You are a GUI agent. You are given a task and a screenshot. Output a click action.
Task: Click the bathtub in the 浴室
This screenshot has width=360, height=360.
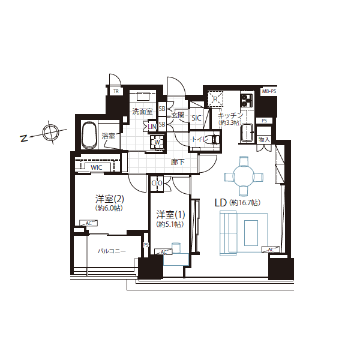[x=89, y=135]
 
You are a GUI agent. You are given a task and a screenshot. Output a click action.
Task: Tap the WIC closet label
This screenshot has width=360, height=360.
[x=97, y=167]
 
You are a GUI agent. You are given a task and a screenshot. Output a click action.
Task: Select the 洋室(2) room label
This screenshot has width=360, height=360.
[x=110, y=199]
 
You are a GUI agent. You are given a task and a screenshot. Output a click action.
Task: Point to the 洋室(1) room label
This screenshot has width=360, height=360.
[x=170, y=214]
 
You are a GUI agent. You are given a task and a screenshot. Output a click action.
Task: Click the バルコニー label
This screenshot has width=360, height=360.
[x=112, y=251]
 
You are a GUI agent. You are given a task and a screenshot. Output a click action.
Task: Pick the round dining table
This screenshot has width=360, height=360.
[x=244, y=176]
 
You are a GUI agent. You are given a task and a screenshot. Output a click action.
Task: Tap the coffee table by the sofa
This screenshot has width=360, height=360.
[x=251, y=233]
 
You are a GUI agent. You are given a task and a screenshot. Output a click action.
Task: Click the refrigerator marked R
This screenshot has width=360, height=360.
[x=215, y=99]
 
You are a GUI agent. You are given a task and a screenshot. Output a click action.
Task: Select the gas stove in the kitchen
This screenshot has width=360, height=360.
[x=247, y=101]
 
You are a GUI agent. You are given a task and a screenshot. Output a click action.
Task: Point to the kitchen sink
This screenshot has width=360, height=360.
[x=247, y=133]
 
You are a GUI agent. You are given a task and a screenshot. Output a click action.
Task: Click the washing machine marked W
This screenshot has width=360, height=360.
[x=157, y=142]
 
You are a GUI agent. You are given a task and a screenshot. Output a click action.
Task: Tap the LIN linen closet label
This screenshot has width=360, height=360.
[x=152, y=127]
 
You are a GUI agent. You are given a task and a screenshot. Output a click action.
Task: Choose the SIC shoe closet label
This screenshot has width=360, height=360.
[x=197, y=118]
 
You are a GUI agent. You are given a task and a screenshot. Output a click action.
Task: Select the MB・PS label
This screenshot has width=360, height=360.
[x=269, y=91]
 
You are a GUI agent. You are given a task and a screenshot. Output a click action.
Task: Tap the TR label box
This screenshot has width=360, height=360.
[x=116, y=91]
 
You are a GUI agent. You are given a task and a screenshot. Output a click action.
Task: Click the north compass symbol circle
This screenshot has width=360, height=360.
[x=50, y=133]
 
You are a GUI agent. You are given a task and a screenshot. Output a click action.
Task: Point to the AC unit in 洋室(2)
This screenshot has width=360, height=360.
[x=89, y=223]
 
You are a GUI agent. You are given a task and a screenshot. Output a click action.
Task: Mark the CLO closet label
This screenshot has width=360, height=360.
[x=157, y=183]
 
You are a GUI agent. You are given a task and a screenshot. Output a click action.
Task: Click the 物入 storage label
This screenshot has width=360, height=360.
[x=264, y=139]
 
